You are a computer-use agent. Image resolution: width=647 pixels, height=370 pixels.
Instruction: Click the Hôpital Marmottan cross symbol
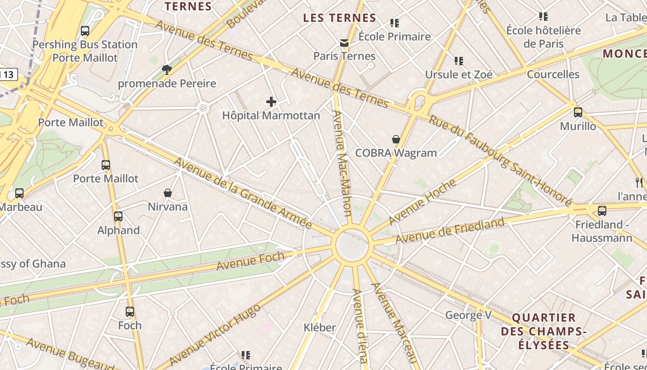tap(271, 102)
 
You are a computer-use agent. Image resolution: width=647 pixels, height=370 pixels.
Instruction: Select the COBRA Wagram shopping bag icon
tap(396, 139)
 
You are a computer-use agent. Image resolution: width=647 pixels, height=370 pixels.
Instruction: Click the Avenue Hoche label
tap(422, 202)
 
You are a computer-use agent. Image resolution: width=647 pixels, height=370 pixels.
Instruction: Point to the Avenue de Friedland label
tap(450, 231)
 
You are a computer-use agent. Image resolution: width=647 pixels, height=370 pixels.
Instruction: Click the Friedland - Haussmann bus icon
tap(602, 211)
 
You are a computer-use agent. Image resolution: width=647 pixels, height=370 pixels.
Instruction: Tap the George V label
tap(468, 315)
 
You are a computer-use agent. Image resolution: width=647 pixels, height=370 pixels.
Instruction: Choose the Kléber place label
tap(319, 327)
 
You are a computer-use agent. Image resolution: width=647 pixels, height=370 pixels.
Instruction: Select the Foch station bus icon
tap(130, 312)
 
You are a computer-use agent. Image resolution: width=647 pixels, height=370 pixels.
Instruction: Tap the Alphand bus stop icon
tap(118, 216)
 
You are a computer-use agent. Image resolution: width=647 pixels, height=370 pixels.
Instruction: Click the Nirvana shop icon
tap(168, 193)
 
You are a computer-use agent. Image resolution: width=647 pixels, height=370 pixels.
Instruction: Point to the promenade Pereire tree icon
tap(167, 70)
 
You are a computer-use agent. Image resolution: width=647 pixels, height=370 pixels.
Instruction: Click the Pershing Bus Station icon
tap(85, 31)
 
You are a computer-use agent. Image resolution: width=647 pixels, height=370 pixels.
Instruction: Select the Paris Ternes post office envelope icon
tap(344, 43)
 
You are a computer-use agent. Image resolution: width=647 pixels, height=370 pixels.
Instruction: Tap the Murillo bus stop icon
tap(578, 112)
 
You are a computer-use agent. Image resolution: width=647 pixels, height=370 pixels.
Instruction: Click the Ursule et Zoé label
tap(458, 74)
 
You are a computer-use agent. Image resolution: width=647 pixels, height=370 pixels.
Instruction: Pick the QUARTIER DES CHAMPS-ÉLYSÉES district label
tap(543, 331)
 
